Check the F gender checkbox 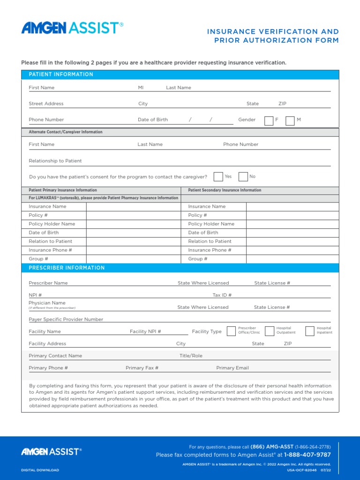269,120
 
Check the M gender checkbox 290,120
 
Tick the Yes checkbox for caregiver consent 218,177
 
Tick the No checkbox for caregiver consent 243,177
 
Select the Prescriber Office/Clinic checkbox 231,331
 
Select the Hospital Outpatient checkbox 269,331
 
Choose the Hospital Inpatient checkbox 309,331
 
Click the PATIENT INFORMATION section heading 61,75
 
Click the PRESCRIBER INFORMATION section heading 67,268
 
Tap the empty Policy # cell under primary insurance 133,215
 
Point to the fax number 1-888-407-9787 307,455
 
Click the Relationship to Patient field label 55,161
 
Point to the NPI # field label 35,295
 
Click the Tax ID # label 222,295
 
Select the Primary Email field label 232,368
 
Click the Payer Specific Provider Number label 66,319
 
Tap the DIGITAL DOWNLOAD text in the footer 40,470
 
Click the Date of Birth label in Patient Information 152,120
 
